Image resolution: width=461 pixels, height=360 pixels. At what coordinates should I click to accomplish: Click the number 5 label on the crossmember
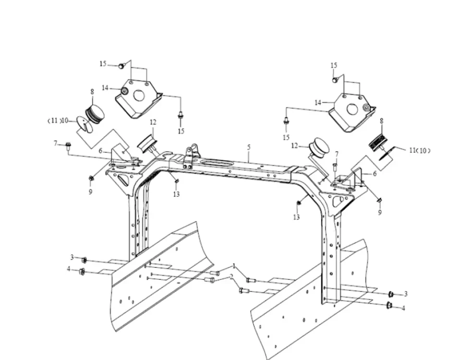click(x=249, y=146)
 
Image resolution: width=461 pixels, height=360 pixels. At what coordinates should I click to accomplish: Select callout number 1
click(x=234, y=265)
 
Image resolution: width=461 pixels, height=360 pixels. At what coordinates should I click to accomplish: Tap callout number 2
click(x=231, y=277)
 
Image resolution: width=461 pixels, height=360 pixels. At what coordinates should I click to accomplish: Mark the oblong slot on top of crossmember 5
click(x=209, y=163)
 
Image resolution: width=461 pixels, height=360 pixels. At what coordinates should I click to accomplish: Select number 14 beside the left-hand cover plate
click(x=105, y=87)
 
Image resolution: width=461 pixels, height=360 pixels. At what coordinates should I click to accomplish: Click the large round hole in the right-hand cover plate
click(x=352, y=109)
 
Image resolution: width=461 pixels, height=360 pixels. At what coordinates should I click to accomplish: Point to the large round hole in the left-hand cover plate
click(x=139, y=96)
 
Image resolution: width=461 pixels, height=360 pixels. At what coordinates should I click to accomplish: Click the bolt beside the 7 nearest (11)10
click(x=68, y=144)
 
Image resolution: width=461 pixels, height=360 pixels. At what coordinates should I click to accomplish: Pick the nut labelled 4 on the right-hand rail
click(x=389, y=305)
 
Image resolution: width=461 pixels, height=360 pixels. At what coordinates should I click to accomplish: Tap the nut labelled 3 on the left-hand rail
click(x=84, y=260)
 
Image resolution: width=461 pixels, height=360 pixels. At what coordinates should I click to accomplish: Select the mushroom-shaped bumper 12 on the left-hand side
click(x=146, y=143)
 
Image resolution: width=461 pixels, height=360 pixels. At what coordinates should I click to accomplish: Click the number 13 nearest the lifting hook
click(x=177, y=194)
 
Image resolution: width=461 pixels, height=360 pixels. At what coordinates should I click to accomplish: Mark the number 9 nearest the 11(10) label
click(x=379, y=212)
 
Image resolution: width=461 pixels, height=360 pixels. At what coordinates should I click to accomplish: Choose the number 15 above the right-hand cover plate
click(x=334, y=65)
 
